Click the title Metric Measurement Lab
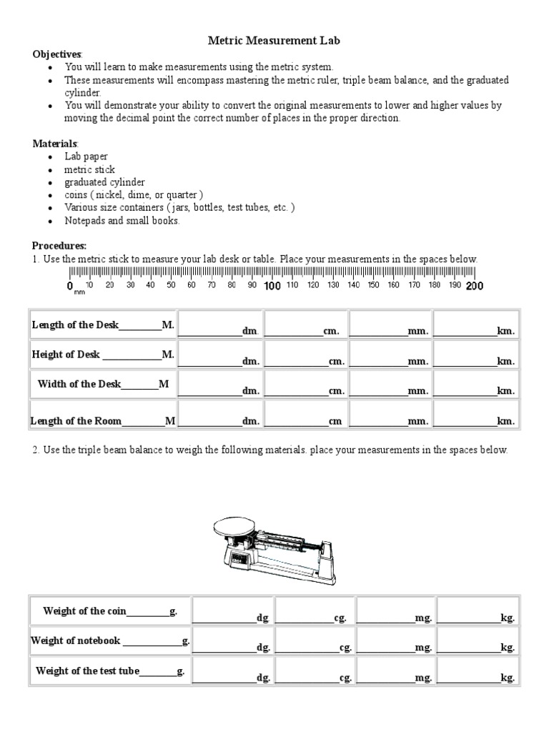point(274,41)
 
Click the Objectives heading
point(57,54)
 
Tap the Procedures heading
point(59,245)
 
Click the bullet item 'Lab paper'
point(86,157)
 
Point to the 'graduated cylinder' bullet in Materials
point(104,182)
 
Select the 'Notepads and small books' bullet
point(122,221)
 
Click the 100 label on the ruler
point(272,286)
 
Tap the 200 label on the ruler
point(475,286)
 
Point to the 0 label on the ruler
point(70,287)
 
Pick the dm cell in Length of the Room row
point(219,415)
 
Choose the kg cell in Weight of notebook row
point(477,641)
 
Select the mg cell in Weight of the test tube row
point(395,672)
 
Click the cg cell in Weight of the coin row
point(314,612)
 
